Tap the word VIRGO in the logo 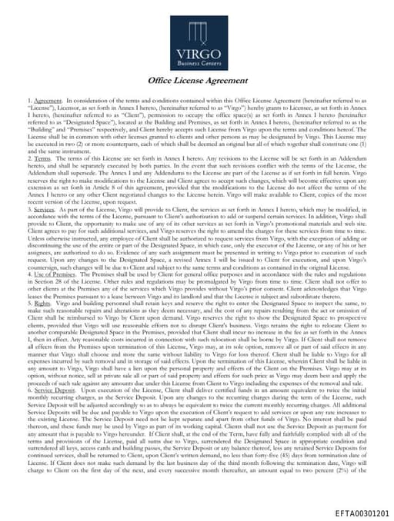198,53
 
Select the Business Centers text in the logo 198,64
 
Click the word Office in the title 162,80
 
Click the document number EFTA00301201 362,510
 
